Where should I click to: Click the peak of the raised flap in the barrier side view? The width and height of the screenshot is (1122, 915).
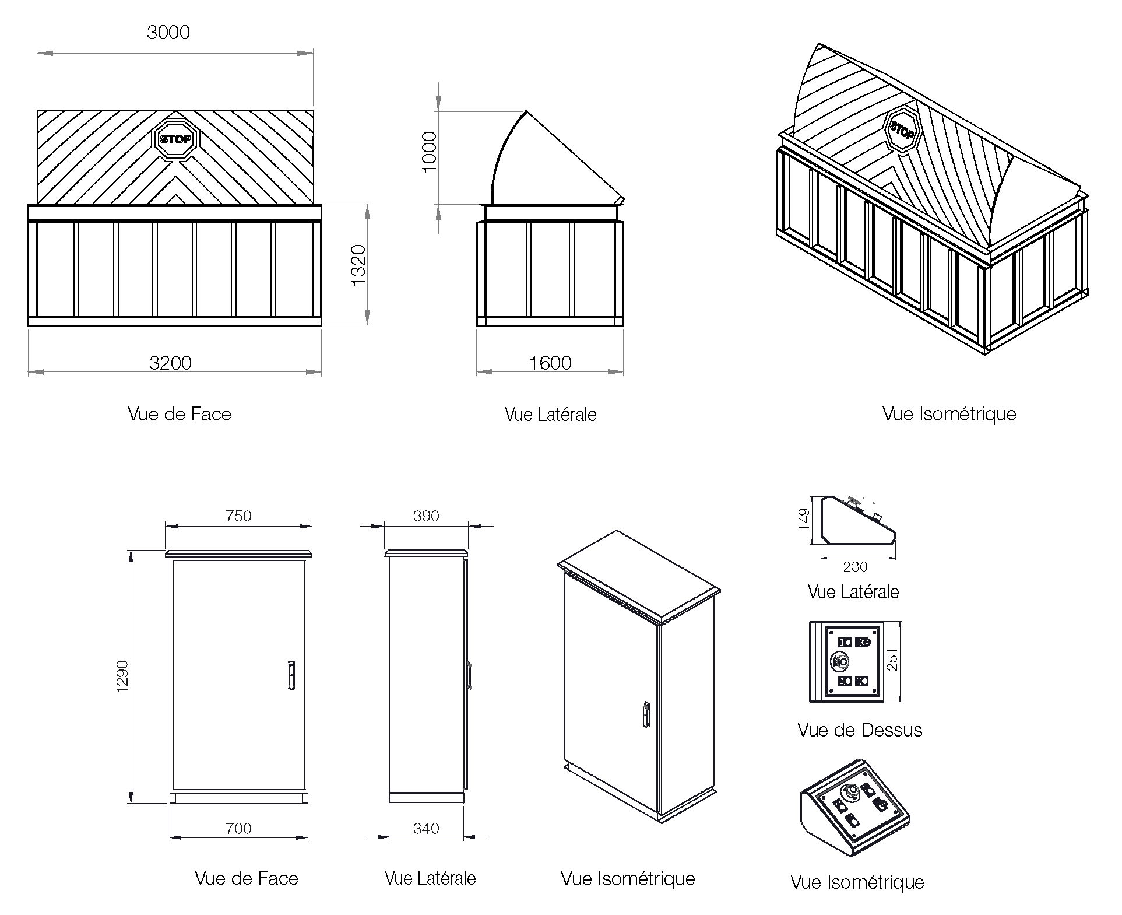[526, 111]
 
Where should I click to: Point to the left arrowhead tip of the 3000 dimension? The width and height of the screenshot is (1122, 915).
[38, 53]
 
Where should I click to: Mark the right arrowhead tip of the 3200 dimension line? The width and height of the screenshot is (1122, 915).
[321, 371]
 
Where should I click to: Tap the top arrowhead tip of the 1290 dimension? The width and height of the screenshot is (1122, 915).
[132, 551]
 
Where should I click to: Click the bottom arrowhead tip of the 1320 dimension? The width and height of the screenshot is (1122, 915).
[367, 325]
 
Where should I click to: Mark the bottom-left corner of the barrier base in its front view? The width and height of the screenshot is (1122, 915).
[28, 325]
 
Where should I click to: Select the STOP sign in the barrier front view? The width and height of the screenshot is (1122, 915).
[176, 139]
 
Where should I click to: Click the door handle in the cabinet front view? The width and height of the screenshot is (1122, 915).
[291, 676]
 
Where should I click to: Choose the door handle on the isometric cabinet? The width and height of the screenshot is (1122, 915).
[646, 714]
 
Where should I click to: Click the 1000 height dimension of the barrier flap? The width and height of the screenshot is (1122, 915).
[429, 152]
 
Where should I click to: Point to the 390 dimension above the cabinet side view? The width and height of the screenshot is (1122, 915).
[426, 516]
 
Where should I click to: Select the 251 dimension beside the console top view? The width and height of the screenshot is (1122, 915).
[892, 660]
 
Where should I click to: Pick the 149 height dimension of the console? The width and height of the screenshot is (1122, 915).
[804, 519]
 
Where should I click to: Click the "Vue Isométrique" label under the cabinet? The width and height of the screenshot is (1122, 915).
[628, 879]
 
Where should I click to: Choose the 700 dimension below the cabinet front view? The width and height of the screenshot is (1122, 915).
[238, 828]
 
